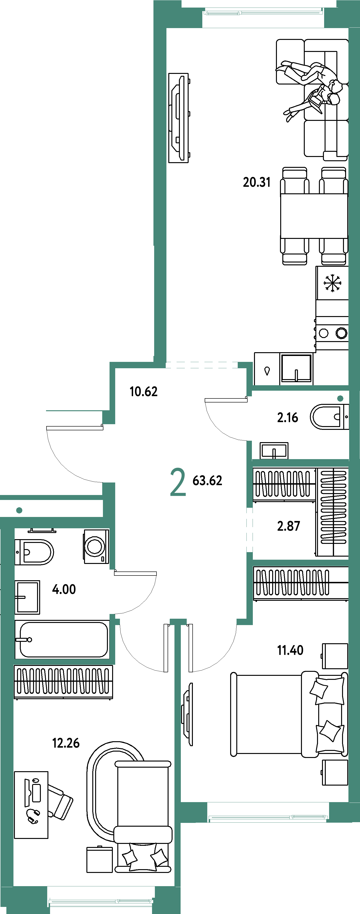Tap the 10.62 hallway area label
tap(143, 391)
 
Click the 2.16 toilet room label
tap(287, 418)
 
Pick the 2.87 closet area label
tap(288, 526)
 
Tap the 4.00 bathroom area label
tap(64, 589)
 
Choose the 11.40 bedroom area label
tap(290, 650)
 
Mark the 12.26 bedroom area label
tap(66, 743)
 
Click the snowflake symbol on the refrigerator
tap(332, 283)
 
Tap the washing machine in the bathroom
tap(96, 546)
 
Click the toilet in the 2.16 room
tap(329, 417)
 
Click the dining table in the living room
tap(314, 216)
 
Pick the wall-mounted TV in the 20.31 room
tap(178, 118)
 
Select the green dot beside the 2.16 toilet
tap(340, 398)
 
